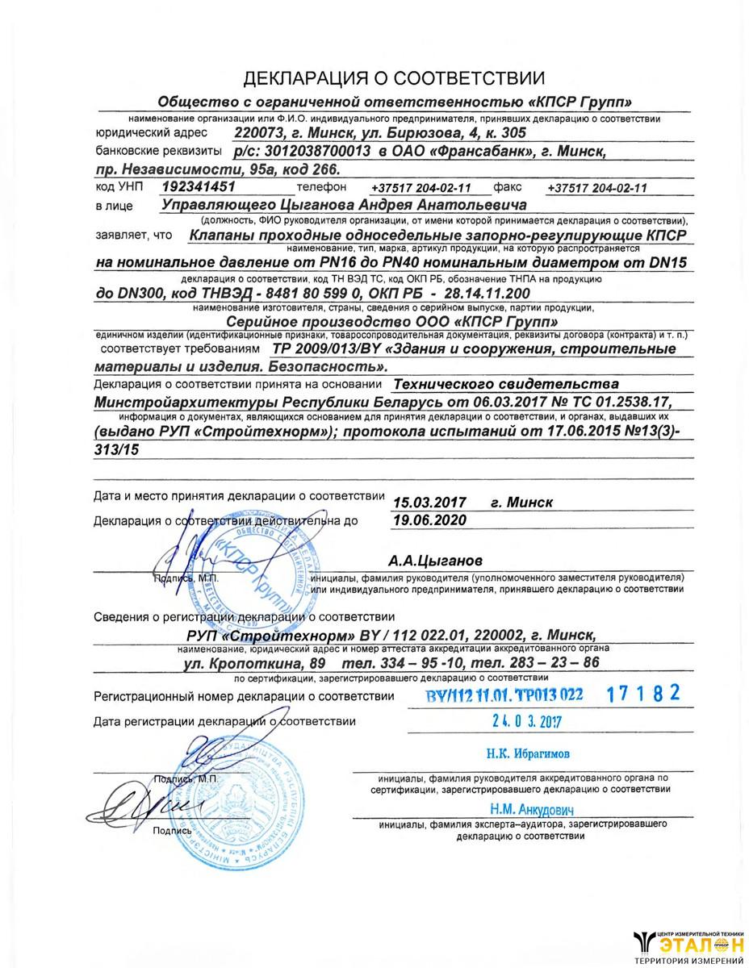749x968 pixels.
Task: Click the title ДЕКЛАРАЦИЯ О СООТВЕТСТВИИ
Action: [395, 78]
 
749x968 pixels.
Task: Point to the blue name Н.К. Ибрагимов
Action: [527, 753]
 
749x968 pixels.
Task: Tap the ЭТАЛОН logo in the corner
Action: [690, 945]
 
